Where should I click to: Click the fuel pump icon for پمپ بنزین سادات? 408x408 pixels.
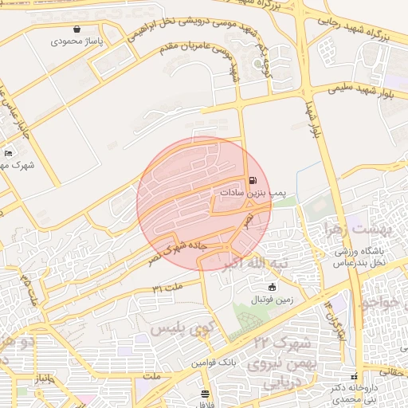coord(253,181)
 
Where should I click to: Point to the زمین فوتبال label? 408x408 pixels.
coord(273,299)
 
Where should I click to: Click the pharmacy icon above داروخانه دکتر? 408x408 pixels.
coord(355,376)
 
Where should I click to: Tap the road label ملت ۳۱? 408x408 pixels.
coord(167,286)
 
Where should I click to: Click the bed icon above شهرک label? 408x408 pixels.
coord(9,153)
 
